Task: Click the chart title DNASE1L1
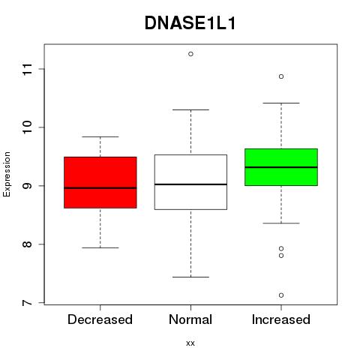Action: click(x=190, y=23)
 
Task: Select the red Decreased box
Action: click(x=100, y=182)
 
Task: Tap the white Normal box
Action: click(x=190, y=182)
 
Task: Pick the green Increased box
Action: click(x=281, y=167)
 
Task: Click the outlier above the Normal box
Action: click(x=190, y=54)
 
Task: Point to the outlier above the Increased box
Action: click(x=281, y=76)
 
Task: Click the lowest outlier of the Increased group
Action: click(x=281, y=295)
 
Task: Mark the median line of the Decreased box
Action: click(x=100, y=187)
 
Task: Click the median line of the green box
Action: click(x=281, y=167)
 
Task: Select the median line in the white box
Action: click(x=190, y=184)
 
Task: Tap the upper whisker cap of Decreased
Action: click(x=100, y=136)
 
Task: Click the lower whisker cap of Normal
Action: click(x=190, y=277)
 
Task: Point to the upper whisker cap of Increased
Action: click(x=281, y=103)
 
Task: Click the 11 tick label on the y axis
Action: click(x=28, y=69)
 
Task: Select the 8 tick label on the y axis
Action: click(x=28, y=244)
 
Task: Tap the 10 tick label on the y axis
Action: click(x=28, y=127)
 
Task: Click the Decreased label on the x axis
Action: click(x=100, y=319)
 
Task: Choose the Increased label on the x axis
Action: click(x=281, y=319)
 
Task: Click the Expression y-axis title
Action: click(x=7, y=174)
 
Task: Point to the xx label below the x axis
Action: click(x=190, y=343)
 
